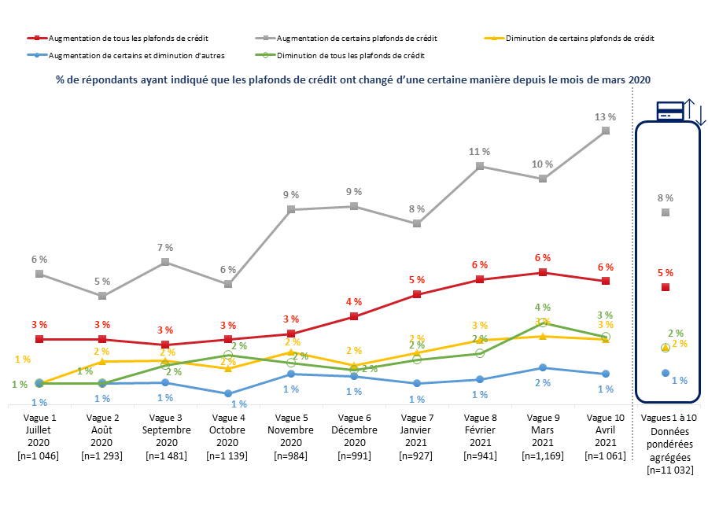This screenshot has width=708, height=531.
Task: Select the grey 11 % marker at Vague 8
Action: coord(480,166)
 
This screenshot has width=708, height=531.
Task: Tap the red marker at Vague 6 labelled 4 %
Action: coord(354,316)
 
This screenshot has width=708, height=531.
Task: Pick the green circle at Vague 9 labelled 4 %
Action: coord(543,323)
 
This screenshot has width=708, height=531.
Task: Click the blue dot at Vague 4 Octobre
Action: coord(228,393)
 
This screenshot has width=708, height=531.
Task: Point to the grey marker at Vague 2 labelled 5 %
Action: coord(102,296)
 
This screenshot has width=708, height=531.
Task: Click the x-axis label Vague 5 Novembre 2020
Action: coord(291,436)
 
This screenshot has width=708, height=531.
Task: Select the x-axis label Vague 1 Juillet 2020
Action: coord(39,436)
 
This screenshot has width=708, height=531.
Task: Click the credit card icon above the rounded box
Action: coord(670,111)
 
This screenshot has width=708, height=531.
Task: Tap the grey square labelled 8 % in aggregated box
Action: coord(666,212)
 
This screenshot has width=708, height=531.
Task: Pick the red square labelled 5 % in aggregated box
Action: coord(666,287)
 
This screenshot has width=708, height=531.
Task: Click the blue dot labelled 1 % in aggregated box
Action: coord(666,373)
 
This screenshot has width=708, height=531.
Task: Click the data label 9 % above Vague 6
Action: coord(354,191)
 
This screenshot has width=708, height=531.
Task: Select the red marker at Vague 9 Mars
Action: coord(543,272)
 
